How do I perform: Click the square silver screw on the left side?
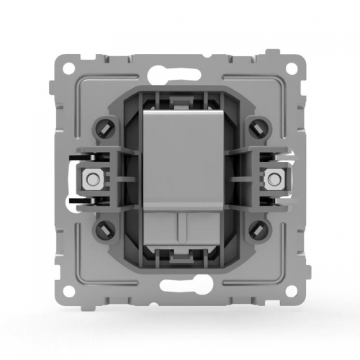pyautogui.click(x=91, y=178)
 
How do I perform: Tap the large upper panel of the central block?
pyautogui.click(x=179, y=158)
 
